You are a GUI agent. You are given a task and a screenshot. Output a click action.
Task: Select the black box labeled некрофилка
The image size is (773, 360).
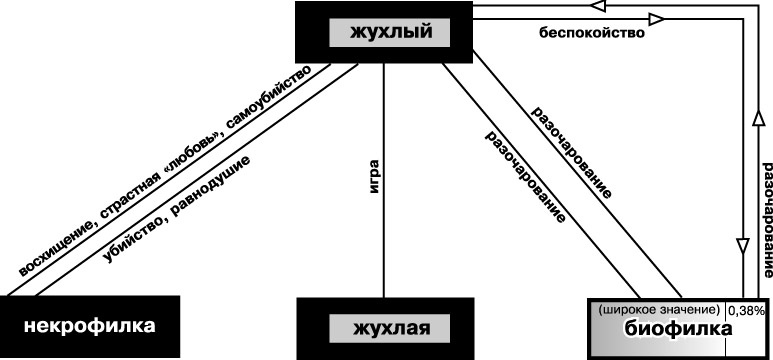[90, 326]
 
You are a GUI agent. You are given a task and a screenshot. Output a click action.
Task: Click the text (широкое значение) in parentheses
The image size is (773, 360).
[659, 309]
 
